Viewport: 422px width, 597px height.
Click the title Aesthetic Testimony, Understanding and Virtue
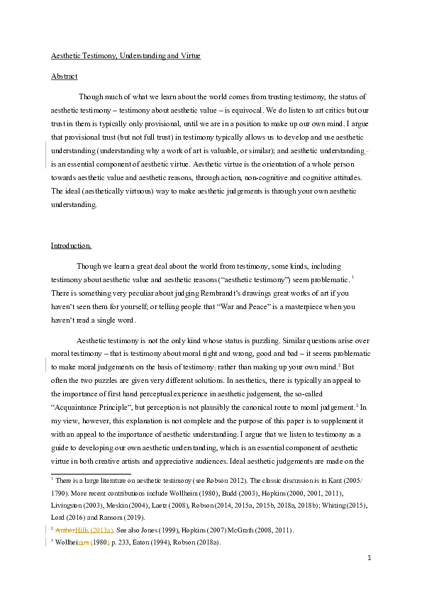pos(126,55)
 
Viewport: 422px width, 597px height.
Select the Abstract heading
pos(64,76)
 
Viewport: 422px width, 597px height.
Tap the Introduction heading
pos(71,245)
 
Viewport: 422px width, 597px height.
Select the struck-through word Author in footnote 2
pos(65,530)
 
